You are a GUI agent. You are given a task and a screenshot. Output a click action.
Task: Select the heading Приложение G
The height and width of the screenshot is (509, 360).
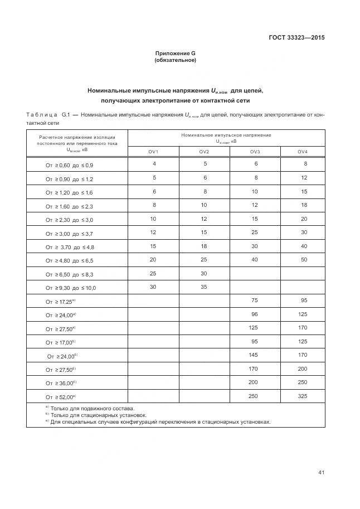click(x=175, y=54)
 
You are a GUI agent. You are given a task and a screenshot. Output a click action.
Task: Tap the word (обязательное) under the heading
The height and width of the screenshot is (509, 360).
click(x=175, y=60)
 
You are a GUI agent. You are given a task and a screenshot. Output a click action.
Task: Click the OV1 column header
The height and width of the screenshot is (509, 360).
click(x=153, y=152)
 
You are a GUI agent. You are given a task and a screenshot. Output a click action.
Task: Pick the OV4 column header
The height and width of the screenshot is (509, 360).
click(x=303, y=152)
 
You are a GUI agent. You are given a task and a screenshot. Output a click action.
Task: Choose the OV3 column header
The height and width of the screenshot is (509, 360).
click(x=255, y=152)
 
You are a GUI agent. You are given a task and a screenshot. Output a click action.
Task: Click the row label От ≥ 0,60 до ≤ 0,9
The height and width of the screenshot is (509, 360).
click(x=70, y=166)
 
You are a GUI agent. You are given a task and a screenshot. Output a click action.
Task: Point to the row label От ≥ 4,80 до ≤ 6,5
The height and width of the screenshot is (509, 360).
click(x=70, y=260)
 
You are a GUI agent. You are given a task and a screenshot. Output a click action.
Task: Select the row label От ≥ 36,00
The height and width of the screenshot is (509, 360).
click(x=61, y=384)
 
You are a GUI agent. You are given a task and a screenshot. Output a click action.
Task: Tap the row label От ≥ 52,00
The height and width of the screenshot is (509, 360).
click(x=61, y=397)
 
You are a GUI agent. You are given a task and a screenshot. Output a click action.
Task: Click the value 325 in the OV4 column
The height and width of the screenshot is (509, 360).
click(x=302, y=396)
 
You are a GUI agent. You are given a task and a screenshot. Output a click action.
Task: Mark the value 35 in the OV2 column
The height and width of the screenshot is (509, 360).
click(x=204, y=287)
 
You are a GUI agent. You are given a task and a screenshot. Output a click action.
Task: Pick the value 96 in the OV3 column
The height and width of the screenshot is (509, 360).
click(x=255, y=314)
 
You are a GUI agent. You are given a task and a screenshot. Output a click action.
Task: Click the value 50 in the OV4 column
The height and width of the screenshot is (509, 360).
click(x=304, y=260)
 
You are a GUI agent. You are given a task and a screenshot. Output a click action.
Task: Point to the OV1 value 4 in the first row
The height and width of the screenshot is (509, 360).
click(x=154, y=164)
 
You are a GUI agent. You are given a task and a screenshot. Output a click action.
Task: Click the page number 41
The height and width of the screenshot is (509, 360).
click(x=322, y=473)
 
